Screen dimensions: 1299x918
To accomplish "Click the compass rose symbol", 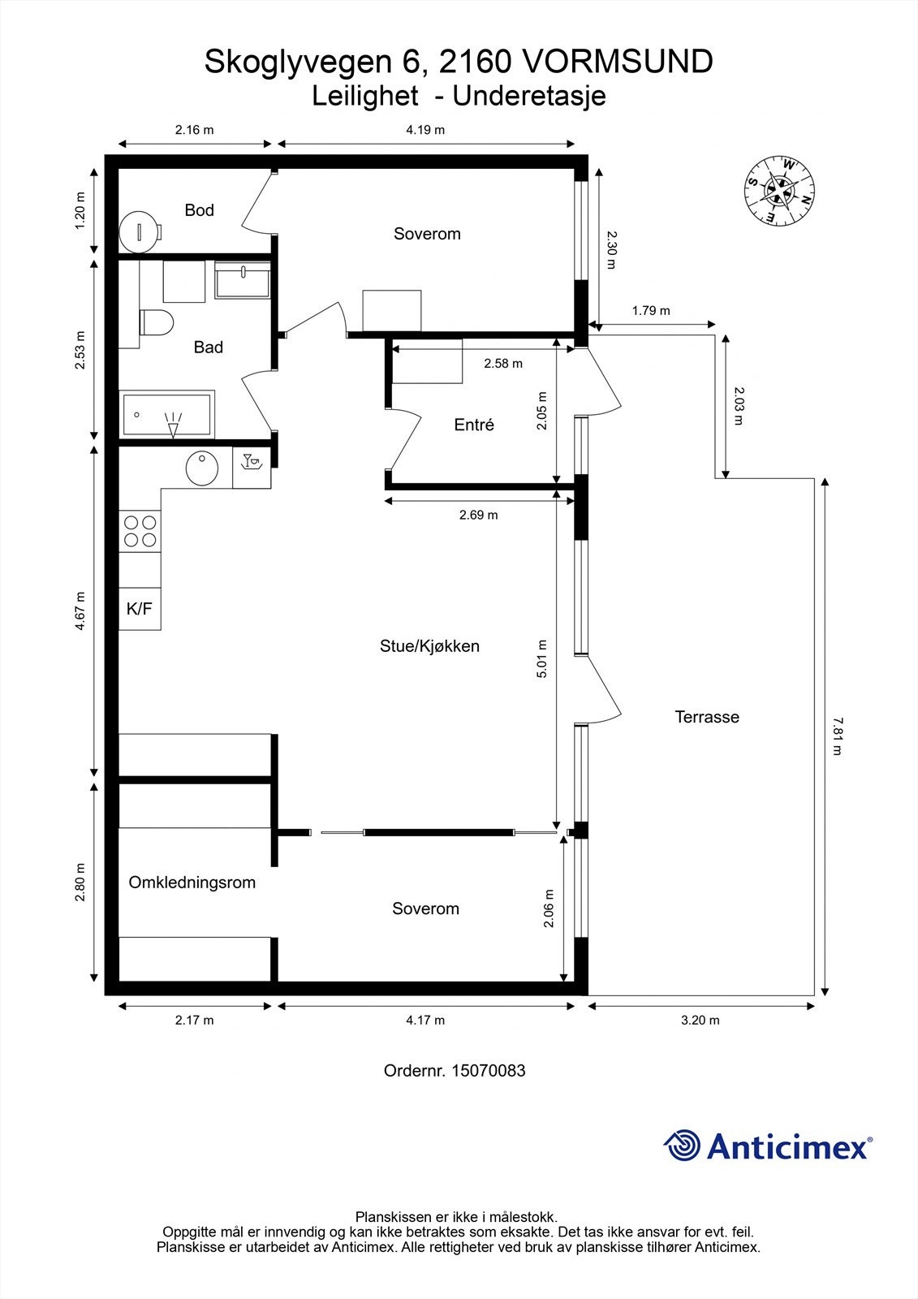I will click(x=779, y=190).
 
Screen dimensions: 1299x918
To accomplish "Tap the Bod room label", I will click(x=199, y=210).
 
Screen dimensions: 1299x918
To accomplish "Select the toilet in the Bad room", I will click(x=156, y=322).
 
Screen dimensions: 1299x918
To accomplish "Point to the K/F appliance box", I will click(x=140, y=608).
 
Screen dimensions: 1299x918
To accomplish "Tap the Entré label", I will click(x=474, y=425).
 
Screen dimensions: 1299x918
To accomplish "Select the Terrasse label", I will click(x=707, y=717).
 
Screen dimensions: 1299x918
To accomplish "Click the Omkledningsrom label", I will click(x=192, y=883).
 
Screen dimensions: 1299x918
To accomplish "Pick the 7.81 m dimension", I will click(x=837, y=736).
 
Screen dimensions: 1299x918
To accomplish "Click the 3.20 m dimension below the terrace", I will click(x=700, y=1021).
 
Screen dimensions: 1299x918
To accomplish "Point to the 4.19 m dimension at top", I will click(x=425, y=130).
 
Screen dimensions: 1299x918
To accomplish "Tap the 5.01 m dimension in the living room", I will click(x=542, y=659).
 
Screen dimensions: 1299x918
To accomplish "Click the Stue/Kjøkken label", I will click(x=429, y=646).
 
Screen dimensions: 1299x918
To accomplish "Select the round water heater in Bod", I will click(x=139, y=231).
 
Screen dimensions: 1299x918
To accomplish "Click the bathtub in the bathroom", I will click(x=167, y=415).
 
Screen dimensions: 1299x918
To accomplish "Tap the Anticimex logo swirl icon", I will click(x=682, y=1146).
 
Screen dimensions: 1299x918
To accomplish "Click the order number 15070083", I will click(x=489, y=1071).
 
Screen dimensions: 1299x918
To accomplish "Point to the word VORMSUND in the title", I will click(x=616, y=62).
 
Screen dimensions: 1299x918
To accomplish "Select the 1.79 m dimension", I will click(x=651, y=311).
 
